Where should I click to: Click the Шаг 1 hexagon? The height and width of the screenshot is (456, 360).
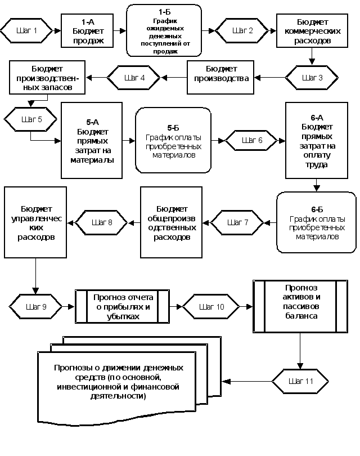tap(27, 30)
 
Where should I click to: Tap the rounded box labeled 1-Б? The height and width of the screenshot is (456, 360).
tap(164, 30)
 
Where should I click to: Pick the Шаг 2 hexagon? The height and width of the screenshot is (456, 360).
tap(242, 30)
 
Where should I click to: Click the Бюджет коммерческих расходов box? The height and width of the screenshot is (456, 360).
tap(312, 30)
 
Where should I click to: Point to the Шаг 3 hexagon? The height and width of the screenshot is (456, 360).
tap(312, 78)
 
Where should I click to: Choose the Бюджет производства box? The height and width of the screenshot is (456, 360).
tap(220, 78)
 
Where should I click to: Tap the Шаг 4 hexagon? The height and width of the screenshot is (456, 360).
tap(134, 78)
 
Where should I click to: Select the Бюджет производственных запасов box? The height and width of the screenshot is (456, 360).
tap(47, 78)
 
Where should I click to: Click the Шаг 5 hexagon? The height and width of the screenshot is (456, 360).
tap(31, 119)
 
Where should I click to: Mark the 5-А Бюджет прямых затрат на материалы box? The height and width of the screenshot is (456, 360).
tap(92, 140)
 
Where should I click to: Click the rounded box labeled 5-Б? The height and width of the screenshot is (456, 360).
tap(173, 140)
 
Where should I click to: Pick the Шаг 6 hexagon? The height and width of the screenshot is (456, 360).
tap(251, 140)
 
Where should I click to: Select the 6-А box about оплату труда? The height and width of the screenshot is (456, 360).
tap(316, 140)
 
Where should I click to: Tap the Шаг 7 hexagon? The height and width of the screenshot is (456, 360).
tap(237, 223)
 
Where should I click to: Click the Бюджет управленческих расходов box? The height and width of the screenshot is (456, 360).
tap(35, 222)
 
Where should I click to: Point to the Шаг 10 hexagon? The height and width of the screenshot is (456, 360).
tap(211, 307)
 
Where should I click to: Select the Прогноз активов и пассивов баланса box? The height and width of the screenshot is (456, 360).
tap(298, 307)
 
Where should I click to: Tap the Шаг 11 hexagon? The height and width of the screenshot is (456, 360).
tap(300, 381)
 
